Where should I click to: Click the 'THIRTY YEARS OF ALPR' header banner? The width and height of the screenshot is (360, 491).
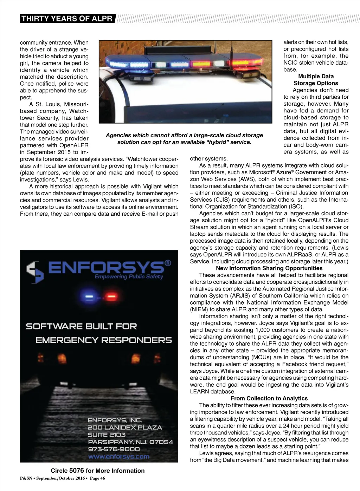[x=67, y=19]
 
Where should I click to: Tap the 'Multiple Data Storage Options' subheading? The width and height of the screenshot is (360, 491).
[x=316, y=80]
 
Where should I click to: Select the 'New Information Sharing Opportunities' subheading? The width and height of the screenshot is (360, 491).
[x=269, y=268]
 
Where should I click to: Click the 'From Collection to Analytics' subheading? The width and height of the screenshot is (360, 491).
[x=269, y=398]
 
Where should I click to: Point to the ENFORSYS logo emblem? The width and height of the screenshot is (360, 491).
[x=35, y=271]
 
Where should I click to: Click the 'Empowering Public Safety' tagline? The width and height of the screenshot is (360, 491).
[x=129, y=277]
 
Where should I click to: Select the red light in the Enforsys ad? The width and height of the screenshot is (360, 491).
[x=111, y=297]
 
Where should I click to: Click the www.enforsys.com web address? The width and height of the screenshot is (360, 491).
[x=118, y=457]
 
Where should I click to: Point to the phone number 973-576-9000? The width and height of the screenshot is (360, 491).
[x=114, y=449]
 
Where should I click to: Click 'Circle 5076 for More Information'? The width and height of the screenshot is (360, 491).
[x=97, y=471]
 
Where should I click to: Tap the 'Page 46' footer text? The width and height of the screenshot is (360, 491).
[x=97, y=478]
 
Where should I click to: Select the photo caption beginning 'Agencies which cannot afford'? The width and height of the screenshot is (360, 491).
[x=184, y=139]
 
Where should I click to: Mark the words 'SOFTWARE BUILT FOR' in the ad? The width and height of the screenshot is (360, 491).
[x=81, y=326]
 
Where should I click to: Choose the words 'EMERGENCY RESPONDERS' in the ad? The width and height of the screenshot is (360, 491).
[x=104, y=340]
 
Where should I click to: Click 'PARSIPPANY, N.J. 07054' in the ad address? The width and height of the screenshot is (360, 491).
[x=130, y=442]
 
